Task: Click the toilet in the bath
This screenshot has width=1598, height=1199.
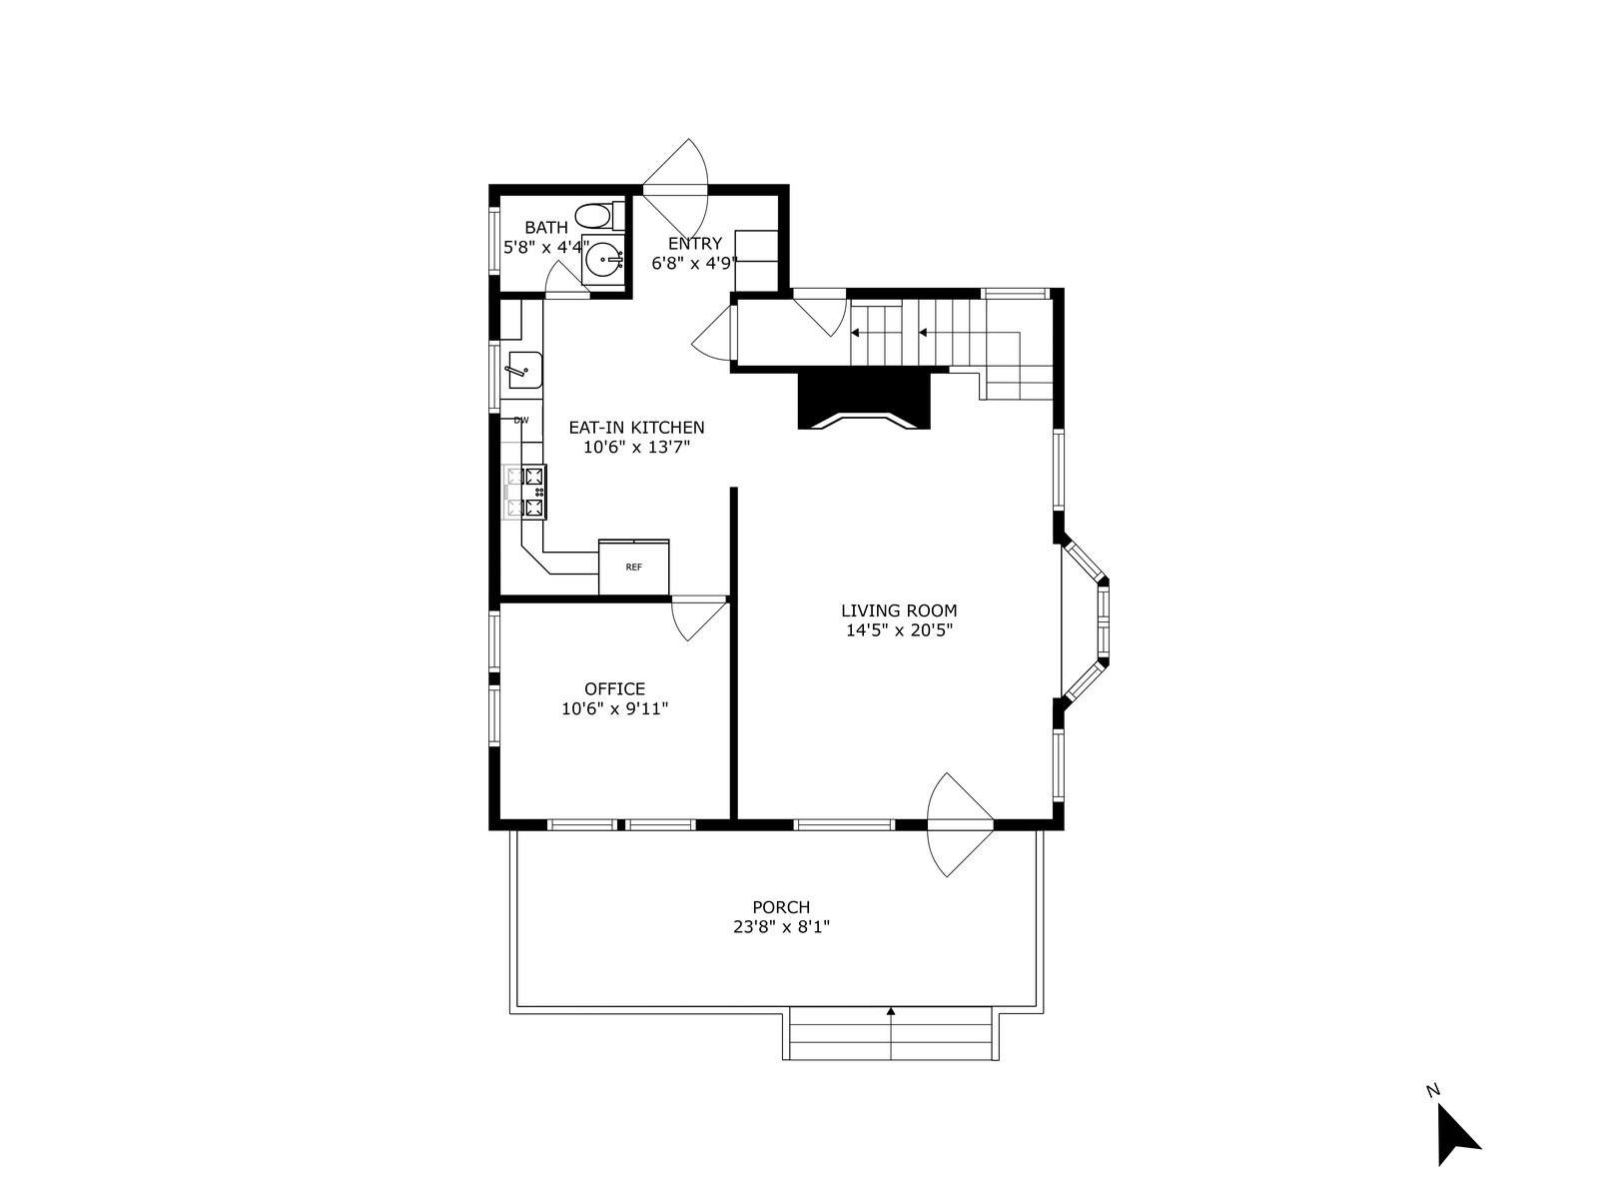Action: click(599, 216)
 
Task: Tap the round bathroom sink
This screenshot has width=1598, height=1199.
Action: click(604, 259)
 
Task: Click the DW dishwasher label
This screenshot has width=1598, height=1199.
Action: click(521, 420)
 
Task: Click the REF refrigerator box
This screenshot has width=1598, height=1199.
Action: click(633, 567)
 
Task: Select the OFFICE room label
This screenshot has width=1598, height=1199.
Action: click(614, 688)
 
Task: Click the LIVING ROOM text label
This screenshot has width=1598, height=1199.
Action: click(899, 610)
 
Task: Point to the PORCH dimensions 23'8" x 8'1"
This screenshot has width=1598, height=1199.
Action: click(782, 927)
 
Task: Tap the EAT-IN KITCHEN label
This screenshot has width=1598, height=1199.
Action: click(636, 428)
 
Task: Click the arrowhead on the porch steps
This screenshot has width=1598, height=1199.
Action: click(890, 1011)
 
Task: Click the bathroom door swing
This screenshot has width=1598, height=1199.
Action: click(566, 280)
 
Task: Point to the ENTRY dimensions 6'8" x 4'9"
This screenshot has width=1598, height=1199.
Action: click(694, 263)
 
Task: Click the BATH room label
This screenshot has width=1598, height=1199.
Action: click(546, 228)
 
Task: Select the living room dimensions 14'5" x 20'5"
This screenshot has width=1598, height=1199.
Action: click(899, 630)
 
